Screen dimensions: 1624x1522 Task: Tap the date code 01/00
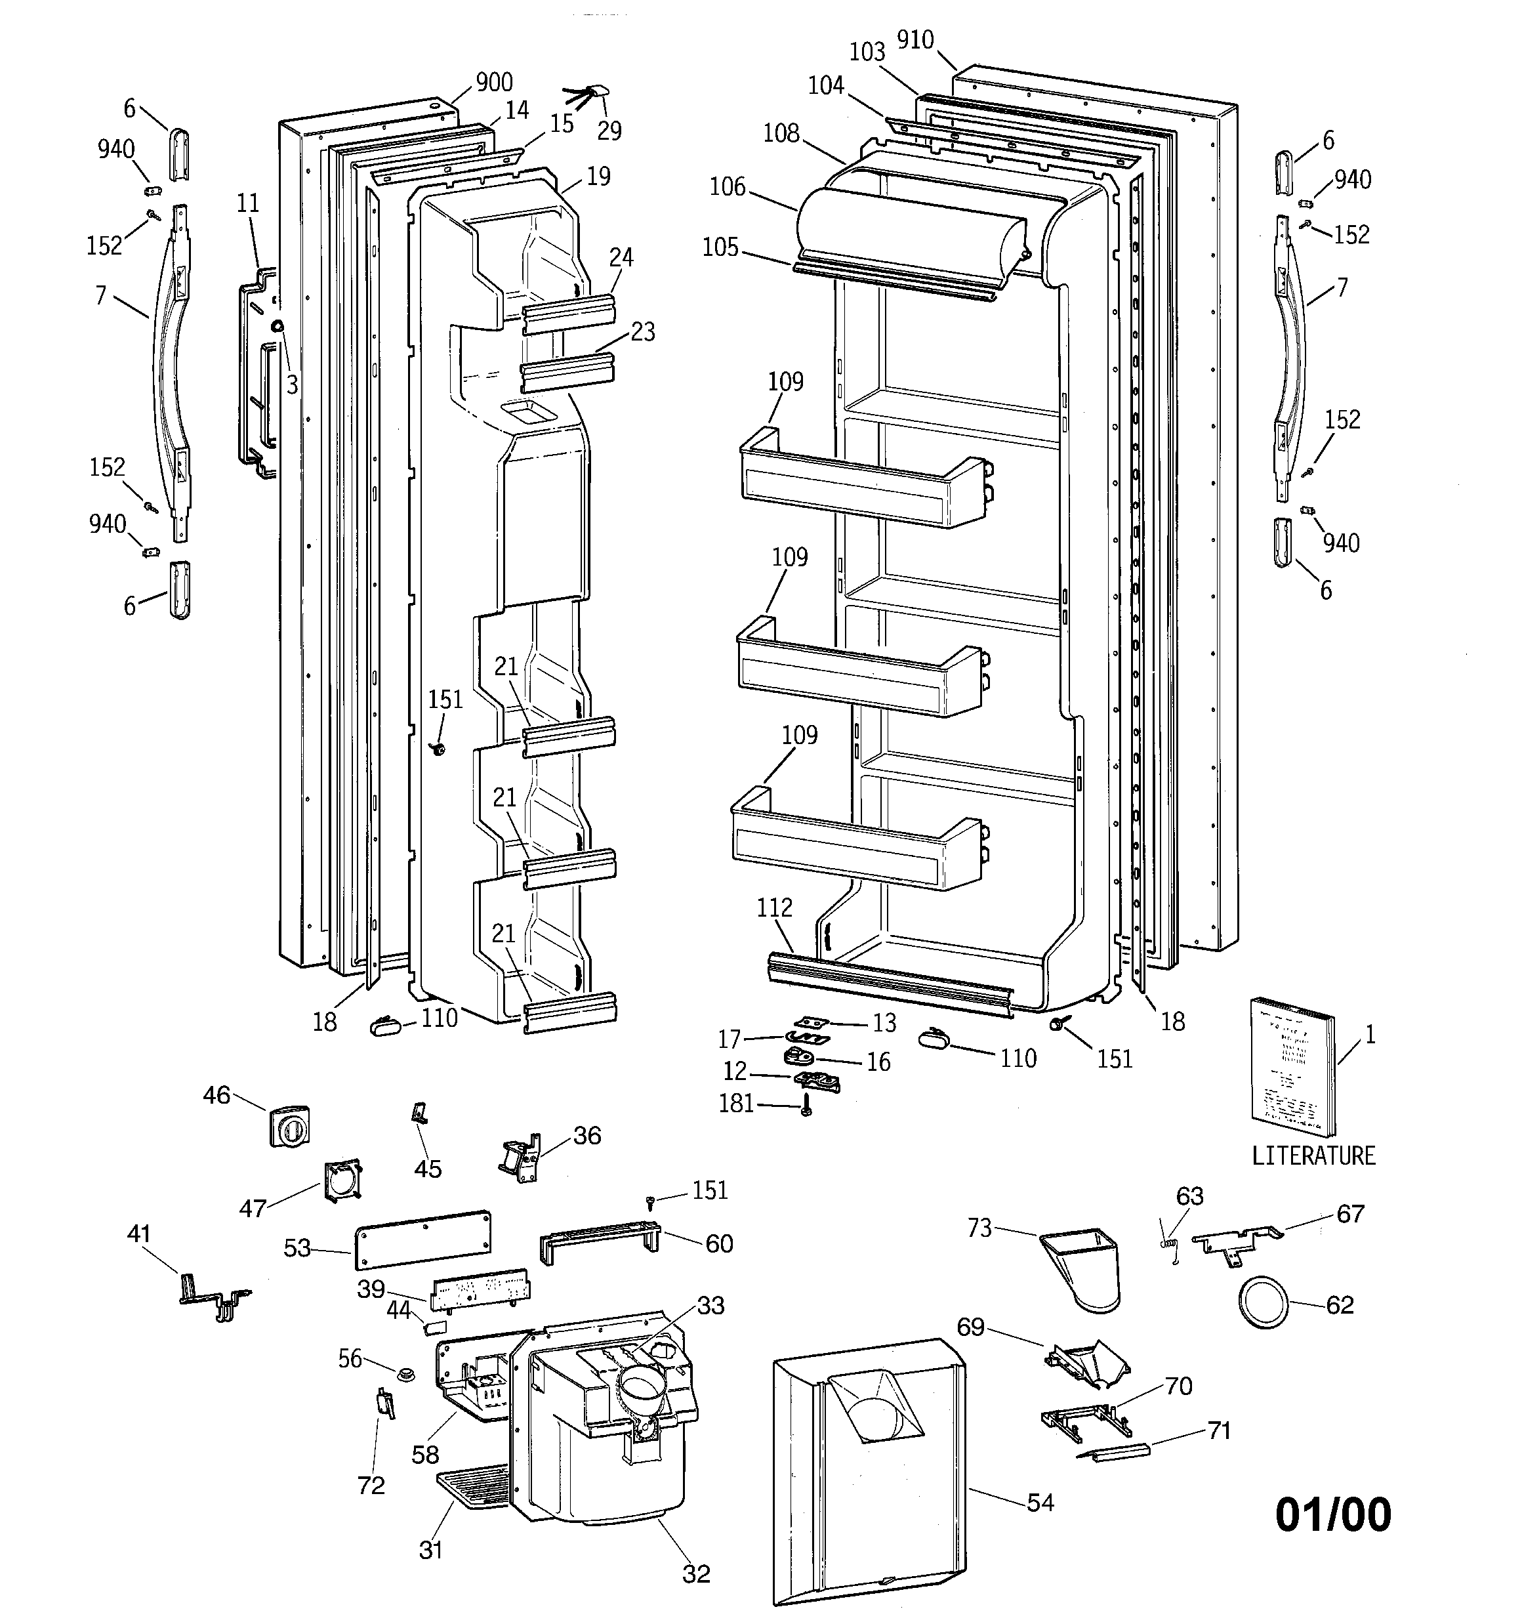pyautogui.click(x=1332, y=1514)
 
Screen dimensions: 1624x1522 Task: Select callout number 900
pyautogui.click(x=493, y=83)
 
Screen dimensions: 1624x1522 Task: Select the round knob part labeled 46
pyautogui.click(x=289, y=1127)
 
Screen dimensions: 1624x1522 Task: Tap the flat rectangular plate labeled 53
pyautogui.click(x=423, y=1239)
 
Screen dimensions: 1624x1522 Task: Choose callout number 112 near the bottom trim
pyautogui.click(x=773, y=907)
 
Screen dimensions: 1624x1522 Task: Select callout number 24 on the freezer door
pyautogui.click(x=621, y=257)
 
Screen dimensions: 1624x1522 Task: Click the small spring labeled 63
pyautogui.click(x=1170, y=1246)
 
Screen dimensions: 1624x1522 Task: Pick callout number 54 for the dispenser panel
pyautogui.click(x=1040, y=1501)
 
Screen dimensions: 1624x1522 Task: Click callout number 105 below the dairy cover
pyautogui.click(x=720, y=247)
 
